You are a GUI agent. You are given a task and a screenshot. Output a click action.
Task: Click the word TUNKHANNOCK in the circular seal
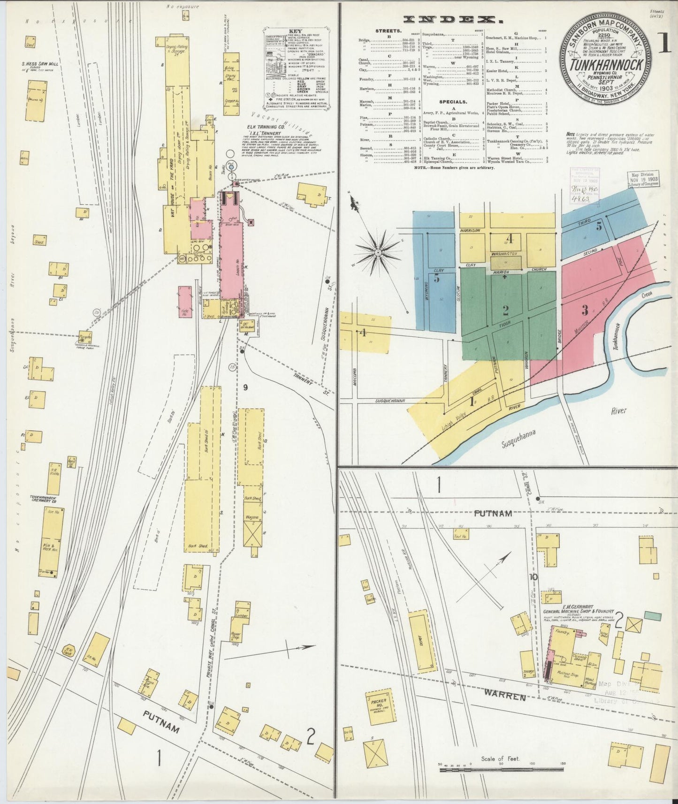click(605, 65)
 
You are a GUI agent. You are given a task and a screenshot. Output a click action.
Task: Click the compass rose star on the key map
click(378, 253)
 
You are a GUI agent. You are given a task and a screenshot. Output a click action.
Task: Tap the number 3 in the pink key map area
click(585, 310)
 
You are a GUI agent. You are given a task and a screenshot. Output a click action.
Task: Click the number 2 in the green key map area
click(505, 310)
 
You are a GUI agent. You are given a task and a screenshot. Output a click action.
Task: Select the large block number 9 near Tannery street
click(245, 387)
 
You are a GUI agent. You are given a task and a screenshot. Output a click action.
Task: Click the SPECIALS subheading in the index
click(453, 101)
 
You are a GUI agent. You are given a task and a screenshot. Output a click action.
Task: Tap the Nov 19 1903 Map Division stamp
click(644, 179)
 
